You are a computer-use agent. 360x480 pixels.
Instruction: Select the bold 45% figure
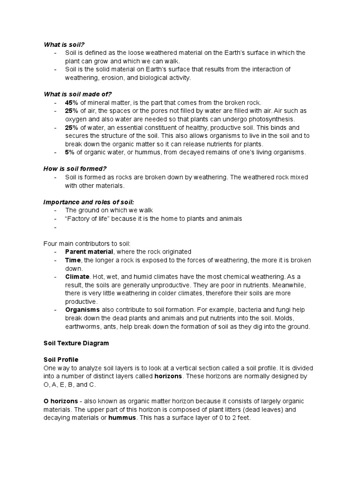click(x=72, y=103)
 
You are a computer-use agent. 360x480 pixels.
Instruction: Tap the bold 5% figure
click(x=70, y=152)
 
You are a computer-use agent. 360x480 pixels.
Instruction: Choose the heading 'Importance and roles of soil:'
click(x=89, y=202)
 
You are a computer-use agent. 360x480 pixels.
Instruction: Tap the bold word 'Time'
click(x=73, y=260)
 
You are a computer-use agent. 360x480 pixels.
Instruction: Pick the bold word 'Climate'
click(x=77, y=277)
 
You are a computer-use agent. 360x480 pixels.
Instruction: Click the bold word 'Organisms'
click(x=82, y=310)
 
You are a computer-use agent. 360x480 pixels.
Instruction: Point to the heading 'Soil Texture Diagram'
click(x=76, y=343)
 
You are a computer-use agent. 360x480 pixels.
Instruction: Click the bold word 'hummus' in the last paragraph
click(x=121, y=418)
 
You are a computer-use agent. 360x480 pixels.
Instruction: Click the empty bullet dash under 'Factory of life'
click(x=55, y=227)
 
